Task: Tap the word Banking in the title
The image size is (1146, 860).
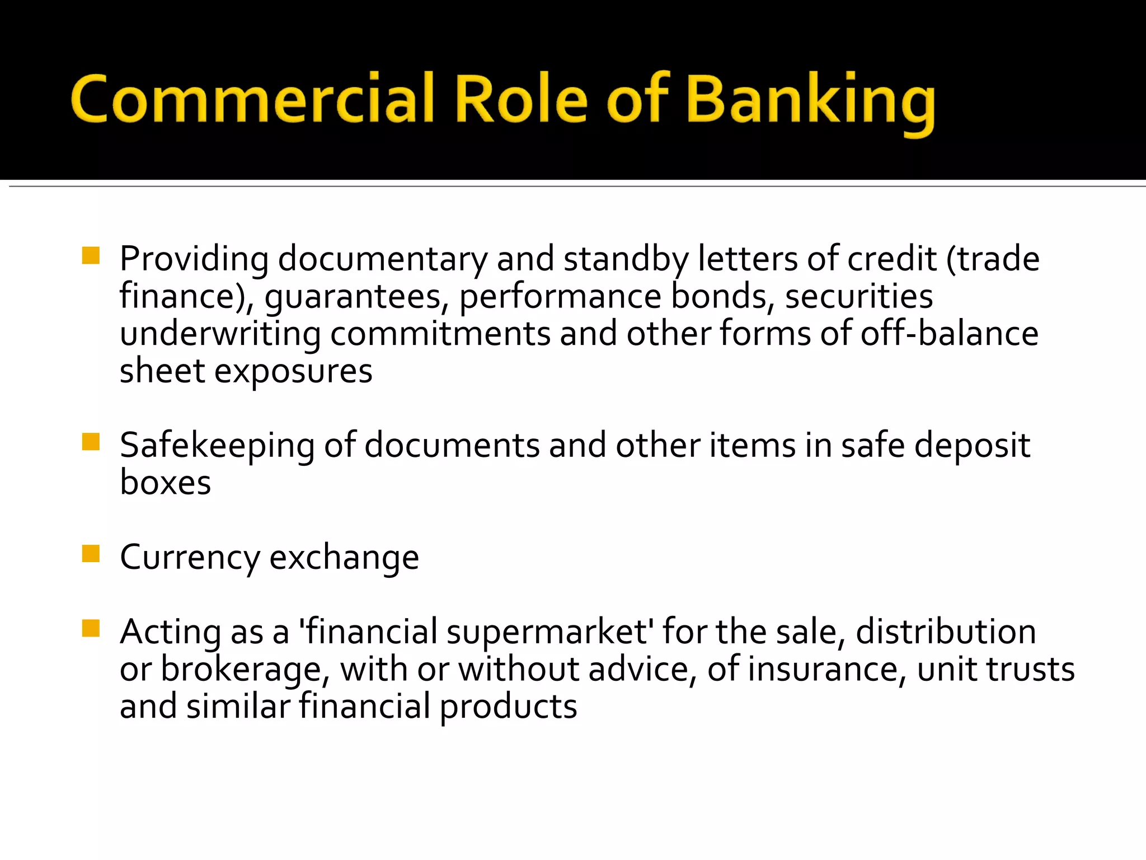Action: [x=810, y=101]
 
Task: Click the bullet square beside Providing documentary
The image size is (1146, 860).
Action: [x=91, y=256]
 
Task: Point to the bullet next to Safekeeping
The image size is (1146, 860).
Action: [x=91, y=442]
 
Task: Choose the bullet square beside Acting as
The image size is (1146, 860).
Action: [x=91, y=629]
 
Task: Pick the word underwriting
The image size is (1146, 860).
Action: [x=220, y=334]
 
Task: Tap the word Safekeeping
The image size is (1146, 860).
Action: [x=217, y=446]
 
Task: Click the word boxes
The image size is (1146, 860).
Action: [x=166, y=483]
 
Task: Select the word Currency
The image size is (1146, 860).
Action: [x=190, y=558]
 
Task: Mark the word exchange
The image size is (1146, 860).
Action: [x=344, y=558]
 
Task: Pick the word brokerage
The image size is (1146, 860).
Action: [x=241, y=670]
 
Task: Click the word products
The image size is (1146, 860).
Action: [x=508, y=707]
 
